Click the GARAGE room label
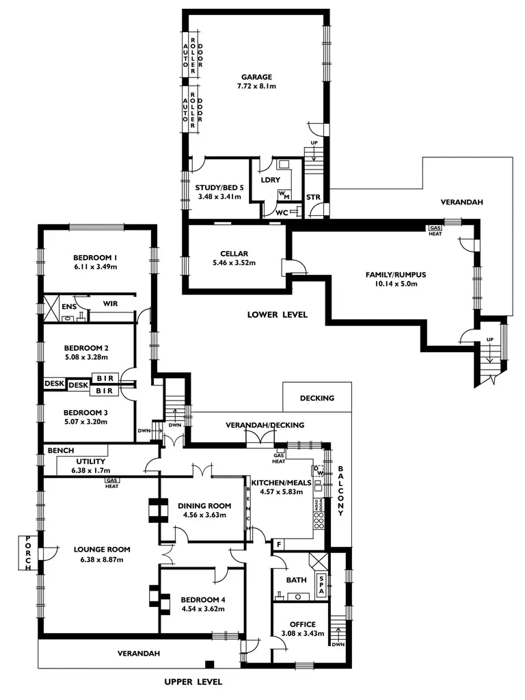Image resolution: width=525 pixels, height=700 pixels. click(256, 77)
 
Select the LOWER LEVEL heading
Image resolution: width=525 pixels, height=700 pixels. click(278, 315)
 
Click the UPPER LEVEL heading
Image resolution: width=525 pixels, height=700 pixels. click(193, 682)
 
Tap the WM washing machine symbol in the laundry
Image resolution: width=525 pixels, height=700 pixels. click(284, 195)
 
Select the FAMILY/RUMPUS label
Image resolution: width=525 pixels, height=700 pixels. click(396, 274)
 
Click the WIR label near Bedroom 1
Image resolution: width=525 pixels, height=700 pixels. click(112, 303)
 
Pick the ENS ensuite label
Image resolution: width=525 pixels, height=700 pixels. click(68, 308)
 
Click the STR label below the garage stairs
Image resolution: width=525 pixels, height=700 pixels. click(313, 198)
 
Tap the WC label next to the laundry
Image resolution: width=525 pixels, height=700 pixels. click(282, 212)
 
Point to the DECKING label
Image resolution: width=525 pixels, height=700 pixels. click(317, 398)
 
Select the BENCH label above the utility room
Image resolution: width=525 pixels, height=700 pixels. click(61, 450)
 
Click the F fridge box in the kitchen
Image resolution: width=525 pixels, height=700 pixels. click(279, 544)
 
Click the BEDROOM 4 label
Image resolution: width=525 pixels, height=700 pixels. click(203, 600)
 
